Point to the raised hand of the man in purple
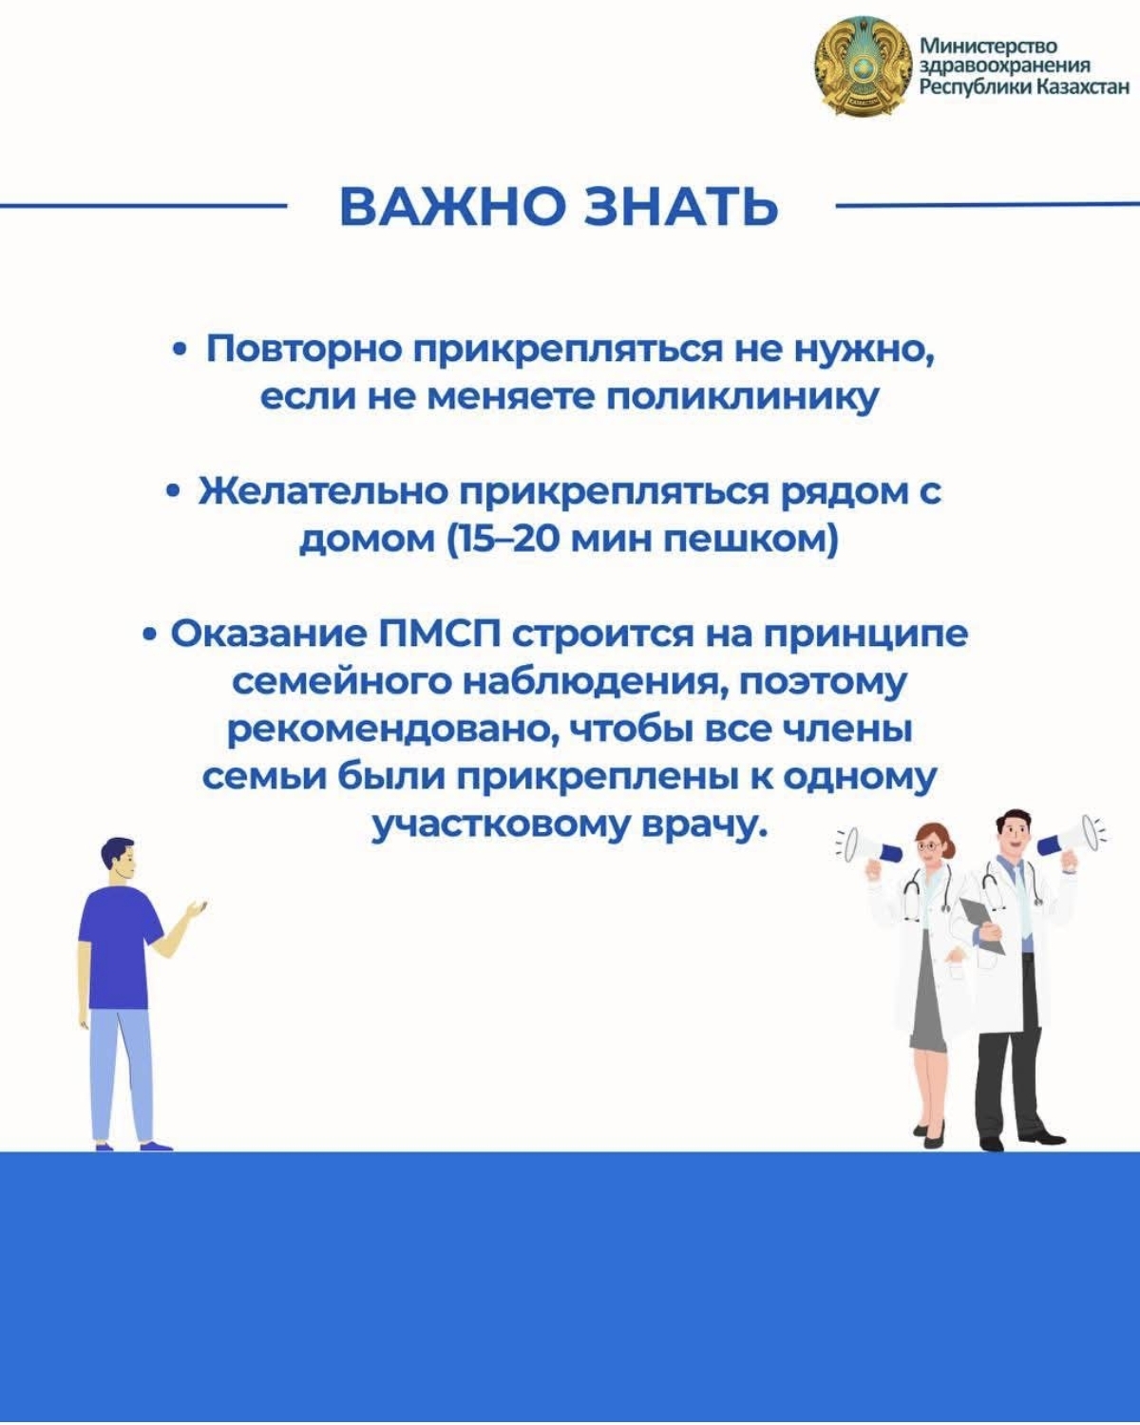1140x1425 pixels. [196, 908]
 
